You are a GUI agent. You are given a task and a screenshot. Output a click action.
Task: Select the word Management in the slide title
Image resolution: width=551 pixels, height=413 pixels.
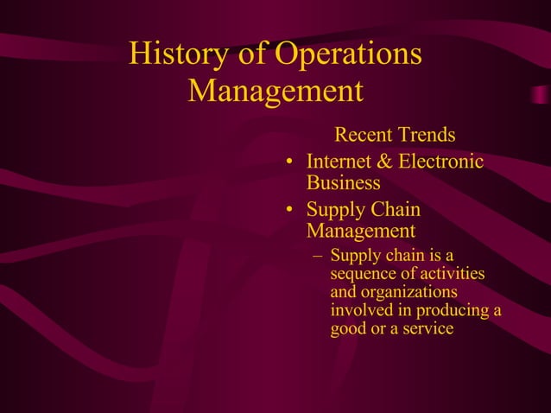(x=275, y=91)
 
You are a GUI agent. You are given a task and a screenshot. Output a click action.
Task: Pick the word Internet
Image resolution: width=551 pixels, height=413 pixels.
(x=340, y=162)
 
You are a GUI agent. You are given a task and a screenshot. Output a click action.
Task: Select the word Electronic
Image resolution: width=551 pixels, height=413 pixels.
(x=442, y=162)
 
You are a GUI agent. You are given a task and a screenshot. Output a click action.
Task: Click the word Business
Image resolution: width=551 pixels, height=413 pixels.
(x=343, y=183)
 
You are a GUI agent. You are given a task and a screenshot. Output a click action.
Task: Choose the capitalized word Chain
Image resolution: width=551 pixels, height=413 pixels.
(x=396, y=209)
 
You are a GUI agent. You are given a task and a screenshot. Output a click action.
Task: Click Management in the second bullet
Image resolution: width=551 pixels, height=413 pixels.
(x=360, y=232)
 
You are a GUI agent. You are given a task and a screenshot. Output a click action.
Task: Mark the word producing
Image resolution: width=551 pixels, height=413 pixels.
(x=450, y=310)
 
